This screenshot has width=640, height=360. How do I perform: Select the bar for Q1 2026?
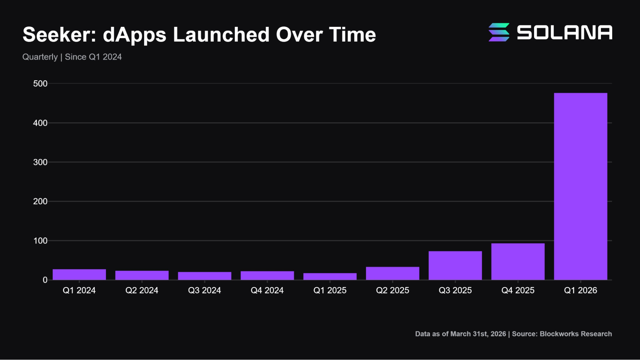580,186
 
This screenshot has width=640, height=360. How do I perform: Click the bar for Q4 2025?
518,261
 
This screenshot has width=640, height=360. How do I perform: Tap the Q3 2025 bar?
455,265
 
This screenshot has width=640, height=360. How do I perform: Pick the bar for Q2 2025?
393,273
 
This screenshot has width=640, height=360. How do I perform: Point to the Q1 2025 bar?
330,276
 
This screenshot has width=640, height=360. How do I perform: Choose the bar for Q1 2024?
79,275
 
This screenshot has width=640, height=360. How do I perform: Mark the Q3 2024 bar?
205,276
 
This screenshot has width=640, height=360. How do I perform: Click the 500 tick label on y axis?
40,84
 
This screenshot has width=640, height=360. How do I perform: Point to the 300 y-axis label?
40,162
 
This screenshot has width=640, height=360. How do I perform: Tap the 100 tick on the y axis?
40,241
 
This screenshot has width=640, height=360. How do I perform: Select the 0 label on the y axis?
45,280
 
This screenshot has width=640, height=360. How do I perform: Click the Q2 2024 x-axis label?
142,290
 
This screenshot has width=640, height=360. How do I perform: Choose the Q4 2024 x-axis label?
267,290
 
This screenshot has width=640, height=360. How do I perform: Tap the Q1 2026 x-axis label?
580,290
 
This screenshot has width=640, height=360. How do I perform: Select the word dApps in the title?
134,35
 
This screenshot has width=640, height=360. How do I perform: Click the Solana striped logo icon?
499,32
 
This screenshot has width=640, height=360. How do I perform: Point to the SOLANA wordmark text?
564,32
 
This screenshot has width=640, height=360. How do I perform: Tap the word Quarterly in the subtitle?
40,57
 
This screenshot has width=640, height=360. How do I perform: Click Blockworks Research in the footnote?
576,334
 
